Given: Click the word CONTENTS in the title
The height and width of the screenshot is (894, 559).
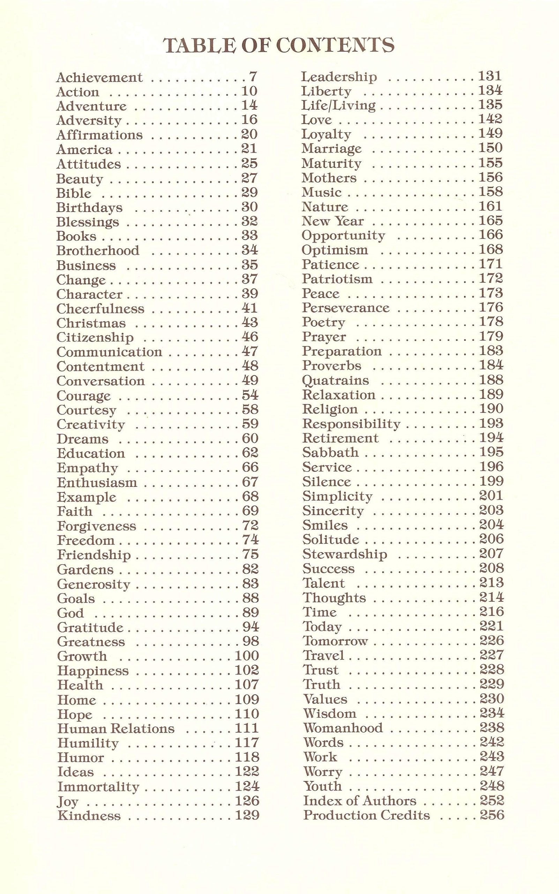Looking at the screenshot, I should (x=335, y=45).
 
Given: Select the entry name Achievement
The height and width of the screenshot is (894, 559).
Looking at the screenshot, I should (x=99, y=77).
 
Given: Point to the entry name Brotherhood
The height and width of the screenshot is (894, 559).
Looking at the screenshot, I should (x=98, y=250).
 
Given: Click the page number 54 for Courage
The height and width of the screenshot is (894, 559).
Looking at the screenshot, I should (x=250, y=395).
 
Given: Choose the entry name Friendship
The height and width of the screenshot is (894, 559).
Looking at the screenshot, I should (x=94, y=555).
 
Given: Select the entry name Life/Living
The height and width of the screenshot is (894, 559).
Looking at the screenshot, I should (x=338, y=105).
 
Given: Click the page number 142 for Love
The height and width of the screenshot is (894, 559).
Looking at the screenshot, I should (x=491, y=119).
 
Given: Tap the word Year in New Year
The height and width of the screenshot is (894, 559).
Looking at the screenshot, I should (x=349, y=221).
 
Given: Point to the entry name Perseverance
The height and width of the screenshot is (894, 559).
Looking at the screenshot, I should (x=346, y=308).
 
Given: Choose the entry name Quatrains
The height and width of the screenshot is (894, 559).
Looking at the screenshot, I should (x=335, y=380).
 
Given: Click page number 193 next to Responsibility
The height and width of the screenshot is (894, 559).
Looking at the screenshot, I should (x=491, y=423).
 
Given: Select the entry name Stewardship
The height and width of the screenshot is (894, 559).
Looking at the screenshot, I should (x=344, y=554).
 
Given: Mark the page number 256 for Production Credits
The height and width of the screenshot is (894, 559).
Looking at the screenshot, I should (x=492, y=814).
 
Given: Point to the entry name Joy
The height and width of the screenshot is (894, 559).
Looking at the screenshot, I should (x=68, y=801).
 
